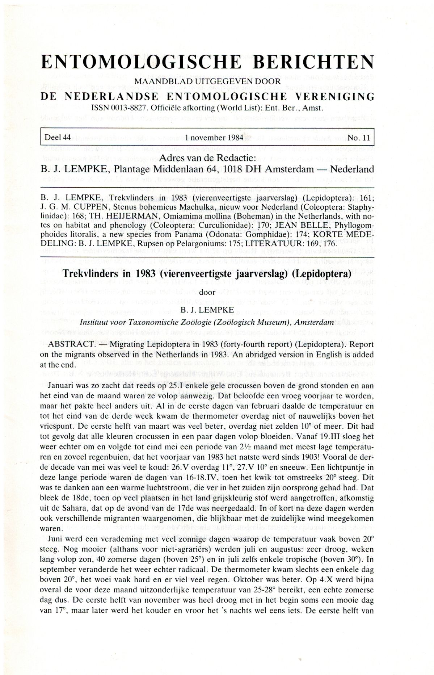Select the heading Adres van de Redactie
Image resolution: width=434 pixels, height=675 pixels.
207,158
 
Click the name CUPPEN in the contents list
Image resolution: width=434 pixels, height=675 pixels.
81,207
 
